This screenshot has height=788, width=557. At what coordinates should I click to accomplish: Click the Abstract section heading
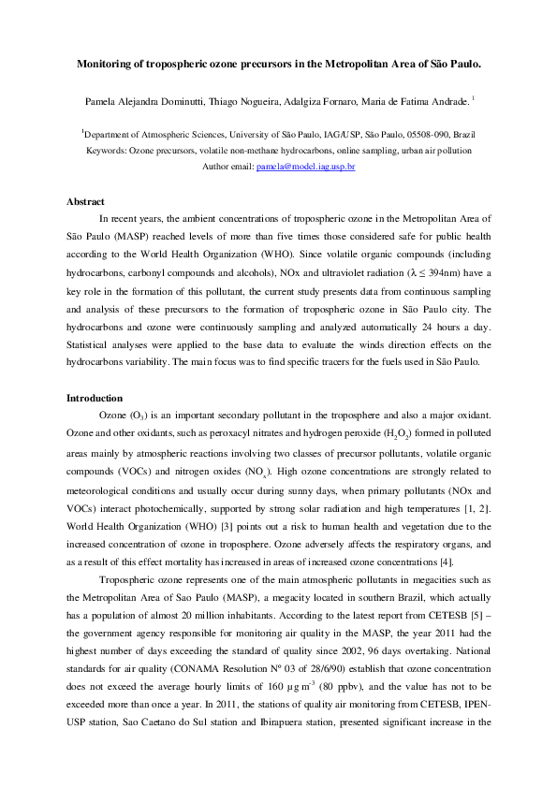[x=85, y=201]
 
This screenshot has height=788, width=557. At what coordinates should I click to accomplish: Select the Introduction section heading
[x=95, y=398]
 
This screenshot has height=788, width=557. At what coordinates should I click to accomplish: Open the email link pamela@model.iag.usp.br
[x=305, y=167]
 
